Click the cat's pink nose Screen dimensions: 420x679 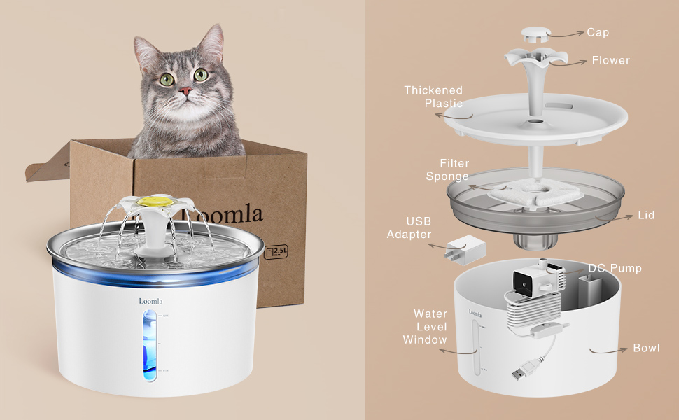pos(185,91)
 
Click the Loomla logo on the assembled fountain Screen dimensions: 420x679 pos(150,302)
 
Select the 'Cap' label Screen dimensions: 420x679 pos(598,32)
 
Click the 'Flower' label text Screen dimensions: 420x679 pos(610,60)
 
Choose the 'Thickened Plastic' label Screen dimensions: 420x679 pos(433,97)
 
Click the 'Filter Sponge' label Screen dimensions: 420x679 pos(447,169)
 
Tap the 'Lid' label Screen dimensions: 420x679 pos(646,215)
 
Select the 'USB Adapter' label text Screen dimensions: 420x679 pos(409,228)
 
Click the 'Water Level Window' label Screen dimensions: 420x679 pos(424,327)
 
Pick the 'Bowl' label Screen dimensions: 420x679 pos(646,348)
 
